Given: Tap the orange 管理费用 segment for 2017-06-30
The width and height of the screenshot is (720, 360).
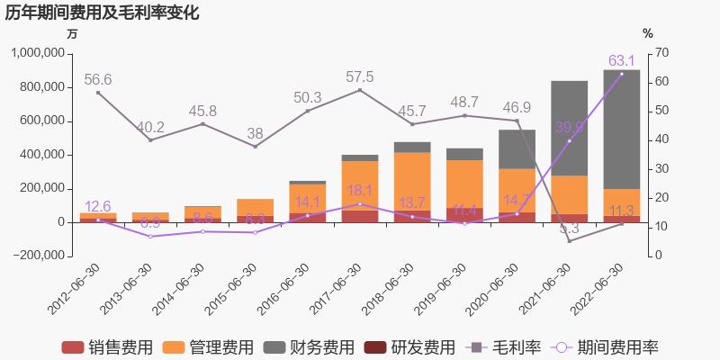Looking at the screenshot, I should coord(360,185).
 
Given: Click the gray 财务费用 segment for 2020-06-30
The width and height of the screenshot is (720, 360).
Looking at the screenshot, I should coord(517,149).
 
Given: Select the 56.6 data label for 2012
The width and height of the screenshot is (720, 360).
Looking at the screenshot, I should coord(98,80).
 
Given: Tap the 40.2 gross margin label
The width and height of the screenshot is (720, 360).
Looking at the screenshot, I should coord(150,127).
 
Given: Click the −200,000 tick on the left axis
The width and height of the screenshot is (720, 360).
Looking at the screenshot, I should coord(40,256).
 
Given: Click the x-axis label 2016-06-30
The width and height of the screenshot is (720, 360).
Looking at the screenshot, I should coord(285,286).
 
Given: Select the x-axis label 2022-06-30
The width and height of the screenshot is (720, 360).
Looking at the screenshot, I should coord(598,286).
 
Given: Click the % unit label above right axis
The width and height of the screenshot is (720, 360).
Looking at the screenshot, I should coord(648,33).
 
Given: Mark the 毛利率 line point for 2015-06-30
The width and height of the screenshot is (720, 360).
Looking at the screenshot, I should coord(255,147).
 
